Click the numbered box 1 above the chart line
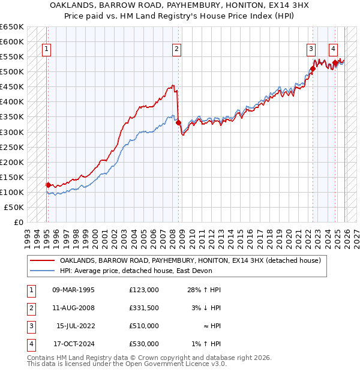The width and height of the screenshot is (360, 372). (x=47, y=50)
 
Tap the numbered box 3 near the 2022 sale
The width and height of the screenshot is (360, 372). (x=311, y=50)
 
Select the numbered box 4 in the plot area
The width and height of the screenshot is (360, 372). (x=333, y=50)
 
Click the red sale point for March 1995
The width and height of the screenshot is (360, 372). (x=48, y=185)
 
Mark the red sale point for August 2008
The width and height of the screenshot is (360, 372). (x=178, y=122)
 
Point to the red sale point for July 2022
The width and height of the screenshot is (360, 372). (x=313, y=69)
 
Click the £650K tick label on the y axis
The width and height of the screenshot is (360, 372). (x=12, y=27)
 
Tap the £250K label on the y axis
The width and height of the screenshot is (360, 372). (x=12, y=147)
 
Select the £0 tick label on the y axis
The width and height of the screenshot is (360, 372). (x=18, y=222)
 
